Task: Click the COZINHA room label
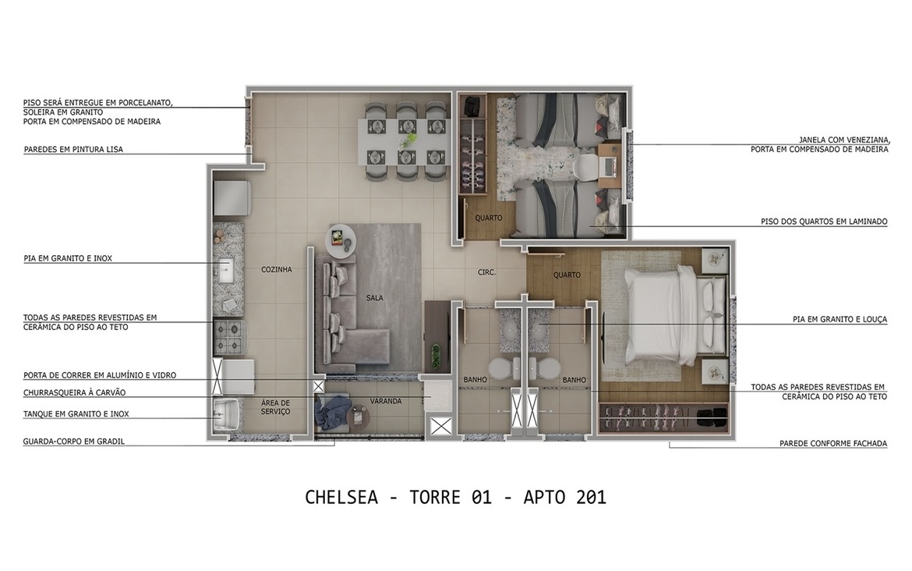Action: (277, 270)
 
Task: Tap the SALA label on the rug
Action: (375, 298)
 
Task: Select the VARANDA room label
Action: (386, 401)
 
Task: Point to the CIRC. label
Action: (487, 272)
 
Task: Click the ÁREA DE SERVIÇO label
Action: (275, 406)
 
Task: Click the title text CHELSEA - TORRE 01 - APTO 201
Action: (455, 497)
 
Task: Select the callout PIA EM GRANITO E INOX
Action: (68, 258)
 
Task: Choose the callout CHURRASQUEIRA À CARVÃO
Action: (74, 392)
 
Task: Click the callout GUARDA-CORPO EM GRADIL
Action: (74, 442)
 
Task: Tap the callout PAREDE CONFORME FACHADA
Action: (832, 444)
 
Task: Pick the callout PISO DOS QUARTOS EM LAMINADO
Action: (824, 222)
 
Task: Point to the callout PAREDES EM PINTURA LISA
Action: (73, 149)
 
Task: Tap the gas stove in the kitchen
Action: (230, 336)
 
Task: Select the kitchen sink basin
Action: (228, 271)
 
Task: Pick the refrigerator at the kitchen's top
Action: (232, 198)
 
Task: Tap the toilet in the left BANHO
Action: (500, 369)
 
